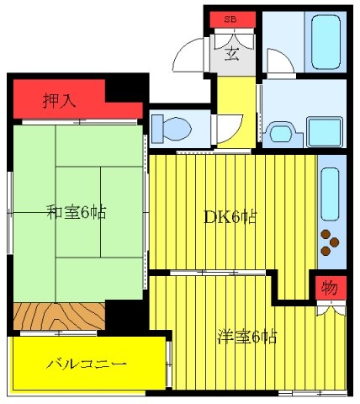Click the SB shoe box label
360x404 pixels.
pyautogui.click(x=230, y=19)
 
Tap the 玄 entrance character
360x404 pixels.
pyautogui.click(x=232, y=54)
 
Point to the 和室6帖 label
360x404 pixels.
pyautogui.click(x=77, y=212)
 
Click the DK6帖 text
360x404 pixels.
pyautogui.click(x=230, y=216)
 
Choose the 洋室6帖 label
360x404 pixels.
pyautogui.click(x=247, y=337)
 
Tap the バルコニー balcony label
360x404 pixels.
pyautogui.click(x=87, y=364)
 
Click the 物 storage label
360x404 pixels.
pyautogui.click(x=330, y=288)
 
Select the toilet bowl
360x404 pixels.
pyautogui.click(x=172, y=129)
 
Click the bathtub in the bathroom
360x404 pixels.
pyautogui.click(x=326, y=42)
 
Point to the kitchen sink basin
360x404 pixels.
pyautogui.click(x=330, y=194)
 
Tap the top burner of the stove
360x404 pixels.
pyautogui.click(x=326, y=234)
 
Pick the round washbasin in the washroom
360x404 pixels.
pyautogui.click(x=281, y=133)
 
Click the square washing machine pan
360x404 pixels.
pyautogui.click(x=325, y=131)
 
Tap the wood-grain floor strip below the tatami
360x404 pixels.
pyautogui.click(x=59, y=316)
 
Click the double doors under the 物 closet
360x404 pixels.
pyautogui.click(x=331, y=309)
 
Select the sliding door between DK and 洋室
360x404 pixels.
pyautogui.click(x=218, y=273)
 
